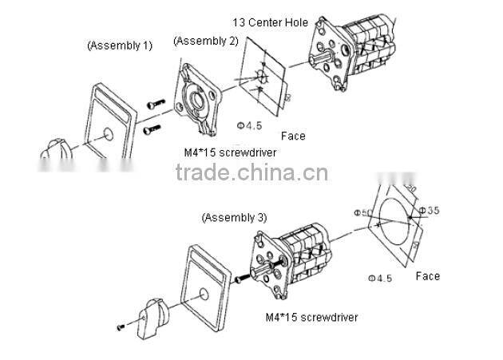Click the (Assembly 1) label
pos(119,45)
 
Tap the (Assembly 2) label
pos(205,41)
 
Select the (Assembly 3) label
pos(234,217)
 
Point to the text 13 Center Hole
pos(270,22)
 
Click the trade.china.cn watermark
pos(251,173)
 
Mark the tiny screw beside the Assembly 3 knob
pos(120,326)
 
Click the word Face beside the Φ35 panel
pos(427,276)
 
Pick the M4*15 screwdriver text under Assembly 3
pos(311,317)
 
